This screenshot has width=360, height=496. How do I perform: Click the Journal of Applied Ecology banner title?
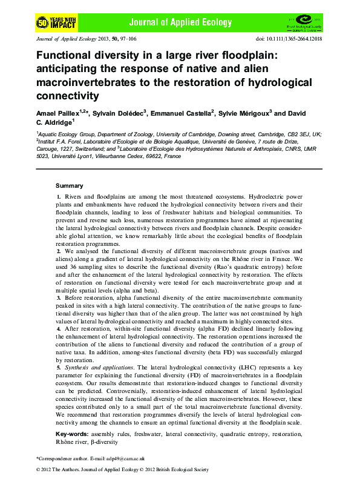click(x=188, y=23)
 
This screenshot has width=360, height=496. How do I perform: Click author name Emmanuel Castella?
click(x=184, y=114)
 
